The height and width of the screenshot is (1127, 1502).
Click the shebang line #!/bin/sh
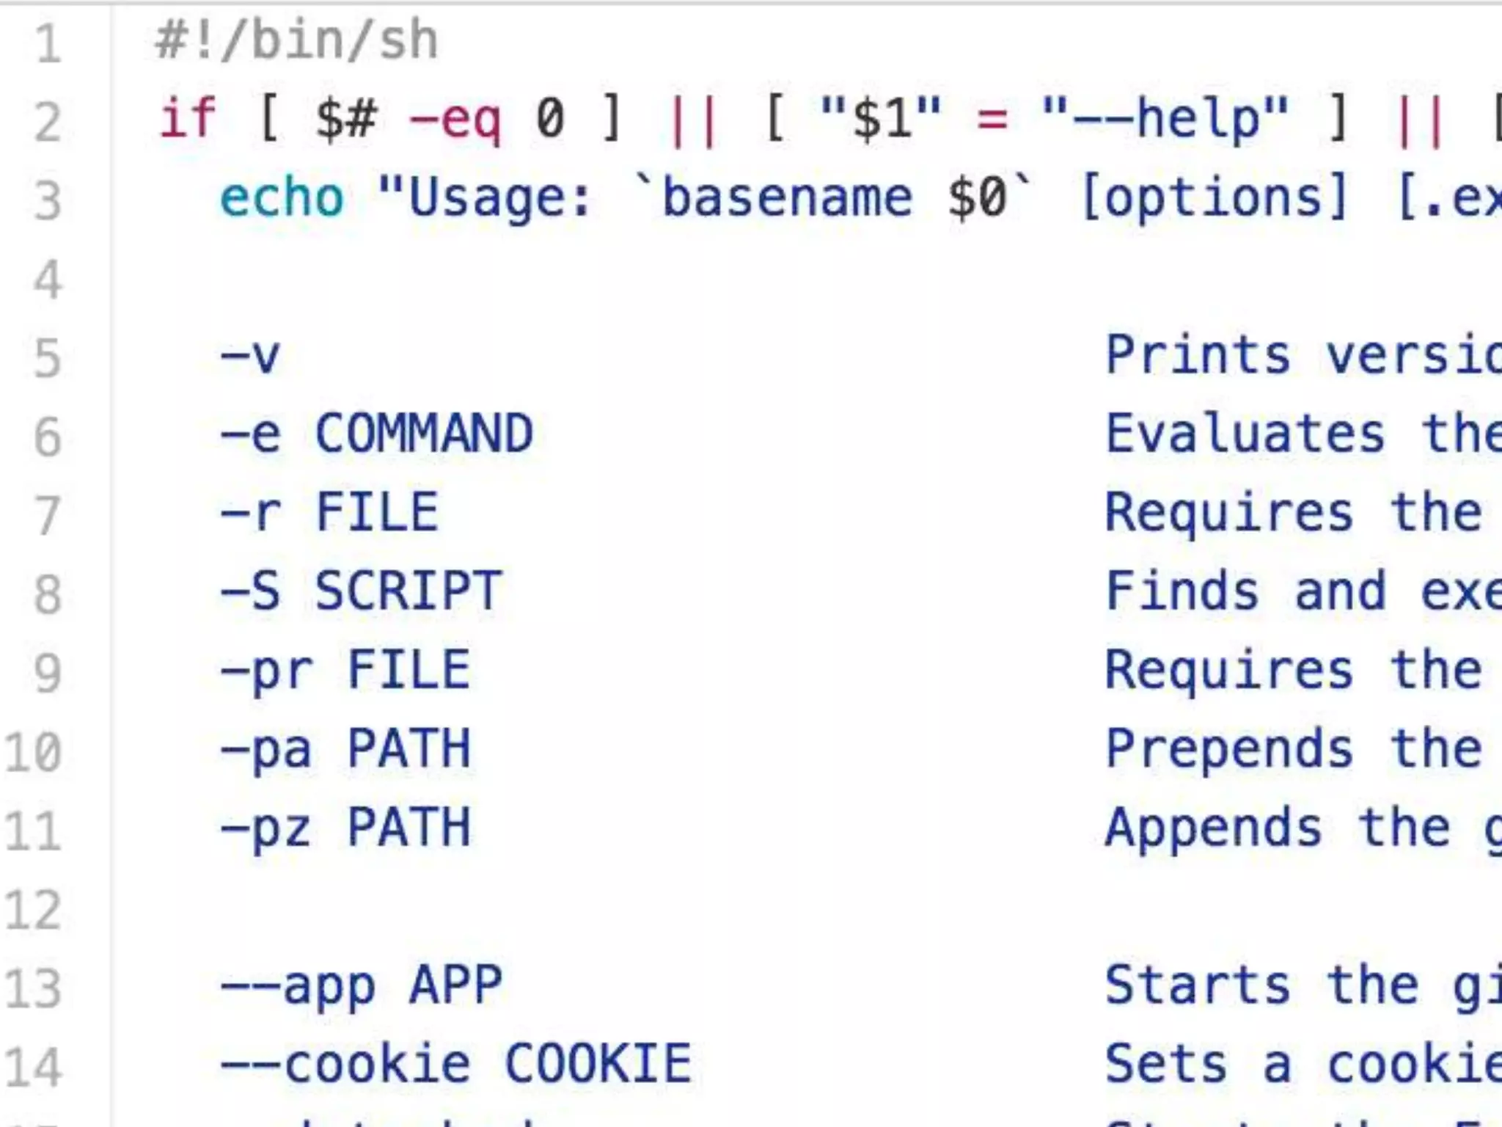pos(296,41)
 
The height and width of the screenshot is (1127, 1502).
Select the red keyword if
pos(188,119)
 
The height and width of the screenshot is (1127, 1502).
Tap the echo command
pos(282,198)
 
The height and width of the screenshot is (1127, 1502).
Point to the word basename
pos(787,198)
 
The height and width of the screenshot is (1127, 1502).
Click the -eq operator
pos(455,119)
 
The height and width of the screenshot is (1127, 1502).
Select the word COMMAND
pos(424,434)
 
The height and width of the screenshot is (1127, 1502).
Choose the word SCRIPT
pos(409,591)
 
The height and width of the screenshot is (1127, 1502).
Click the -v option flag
pos(250,356)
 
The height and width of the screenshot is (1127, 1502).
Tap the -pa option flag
pos(265,749)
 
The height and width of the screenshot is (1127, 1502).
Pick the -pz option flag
pos(265,828)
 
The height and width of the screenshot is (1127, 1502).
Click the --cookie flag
pos(345,1065)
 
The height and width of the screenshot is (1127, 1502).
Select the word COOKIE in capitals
pos(598,1065)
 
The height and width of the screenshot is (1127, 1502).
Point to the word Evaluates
pos(1245,434)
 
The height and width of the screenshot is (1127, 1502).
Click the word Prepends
pos(1228,749)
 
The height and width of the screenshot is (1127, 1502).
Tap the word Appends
pos(1213,828)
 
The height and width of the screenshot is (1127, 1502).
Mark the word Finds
pos(1182,591)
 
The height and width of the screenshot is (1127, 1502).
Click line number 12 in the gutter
pos(32,911)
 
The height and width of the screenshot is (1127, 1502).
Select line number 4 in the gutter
pos(47,280)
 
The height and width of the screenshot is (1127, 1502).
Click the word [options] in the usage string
pos(1214,198)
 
